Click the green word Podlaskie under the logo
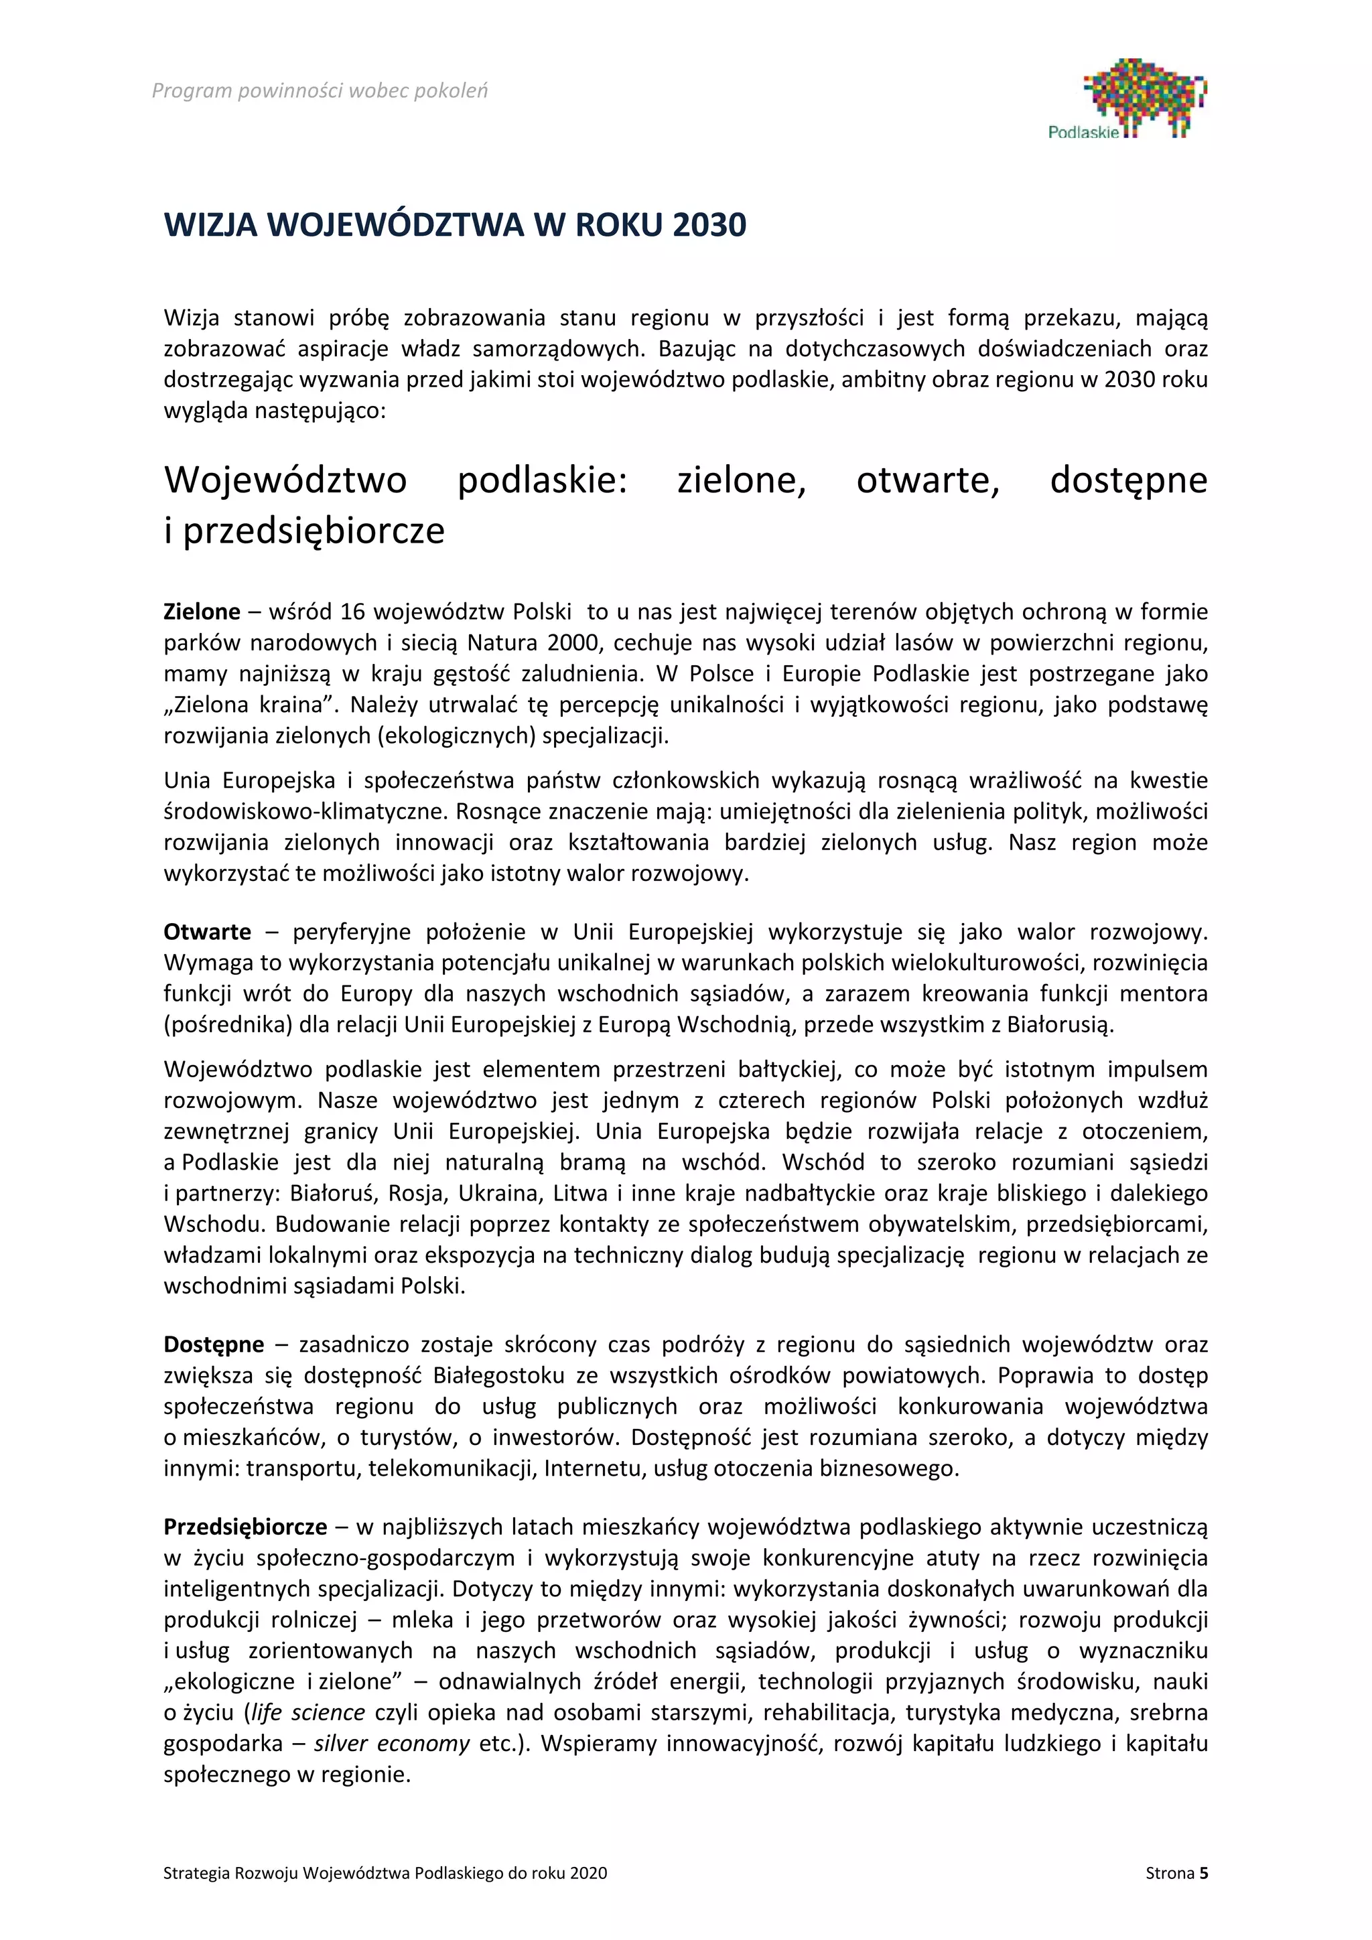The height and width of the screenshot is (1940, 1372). coord(1083,133)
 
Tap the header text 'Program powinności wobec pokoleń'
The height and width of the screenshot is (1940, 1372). coord(320,90)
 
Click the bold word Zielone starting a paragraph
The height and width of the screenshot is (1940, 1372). coord(202,612)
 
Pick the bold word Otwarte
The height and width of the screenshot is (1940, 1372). coord(207,932)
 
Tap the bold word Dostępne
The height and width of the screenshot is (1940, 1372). coord(214,1344)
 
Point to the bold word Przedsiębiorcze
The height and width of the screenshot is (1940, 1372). coord(245,1527)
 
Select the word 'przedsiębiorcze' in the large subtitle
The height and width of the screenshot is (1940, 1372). coord(314,531)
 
